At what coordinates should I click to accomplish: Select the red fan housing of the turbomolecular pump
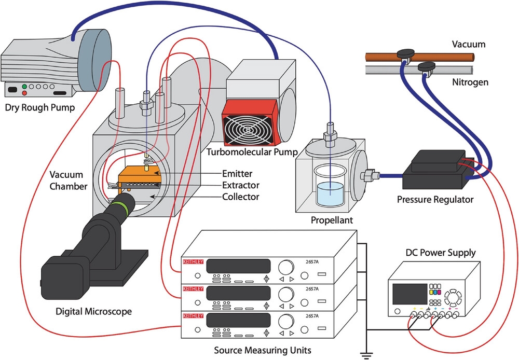click(x=250, y=124)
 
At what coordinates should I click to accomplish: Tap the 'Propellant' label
click(x=332, y=220)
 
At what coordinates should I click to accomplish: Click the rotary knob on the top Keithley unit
click(x=285, y=268)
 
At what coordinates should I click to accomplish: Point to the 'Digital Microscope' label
click(x=93, y=312)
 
